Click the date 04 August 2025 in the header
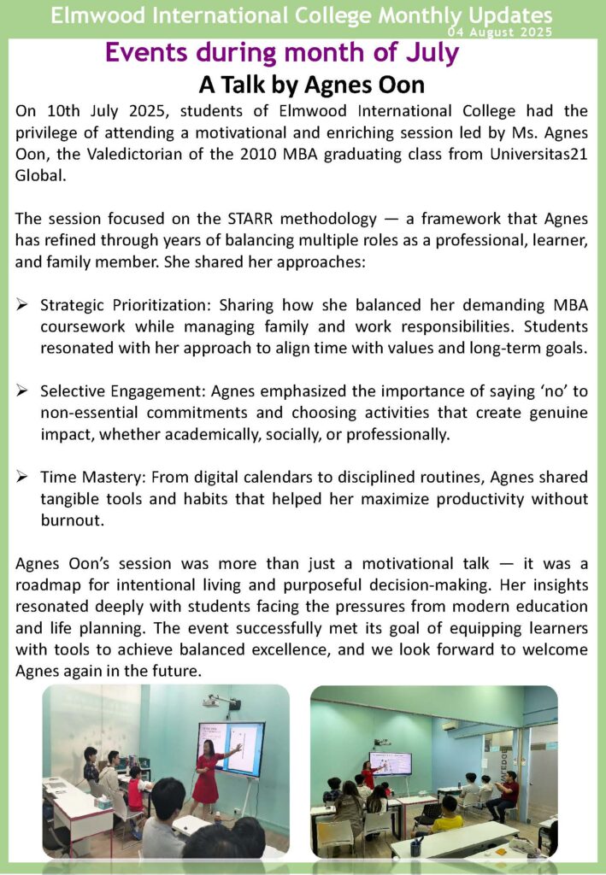[505, 32]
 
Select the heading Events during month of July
[281, 52]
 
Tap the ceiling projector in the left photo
[220, 702]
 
